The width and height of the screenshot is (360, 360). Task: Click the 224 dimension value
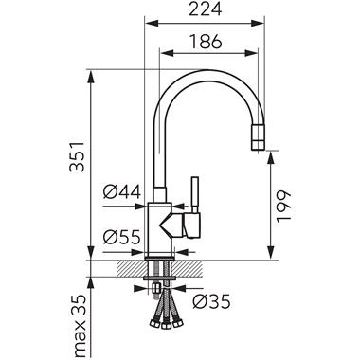click(206, 9)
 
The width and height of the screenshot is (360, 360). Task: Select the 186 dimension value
click(206, 42)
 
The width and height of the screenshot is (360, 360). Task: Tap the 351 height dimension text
click(78, 156)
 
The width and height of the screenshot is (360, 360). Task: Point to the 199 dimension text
click(283, 207)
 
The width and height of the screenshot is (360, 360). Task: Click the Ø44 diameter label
click(122, 191)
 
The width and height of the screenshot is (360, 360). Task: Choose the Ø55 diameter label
click(121, 237)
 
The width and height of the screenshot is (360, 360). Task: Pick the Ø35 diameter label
click(212, 302)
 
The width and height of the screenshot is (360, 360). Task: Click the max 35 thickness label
click(78, 326)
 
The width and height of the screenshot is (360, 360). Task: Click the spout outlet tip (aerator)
click(259, 137)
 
